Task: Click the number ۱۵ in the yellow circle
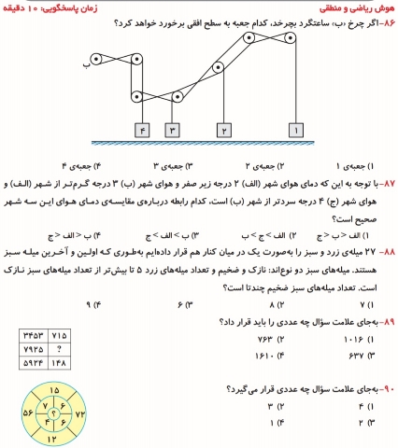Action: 52,387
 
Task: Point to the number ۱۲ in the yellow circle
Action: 52,438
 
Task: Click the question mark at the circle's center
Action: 52,413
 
